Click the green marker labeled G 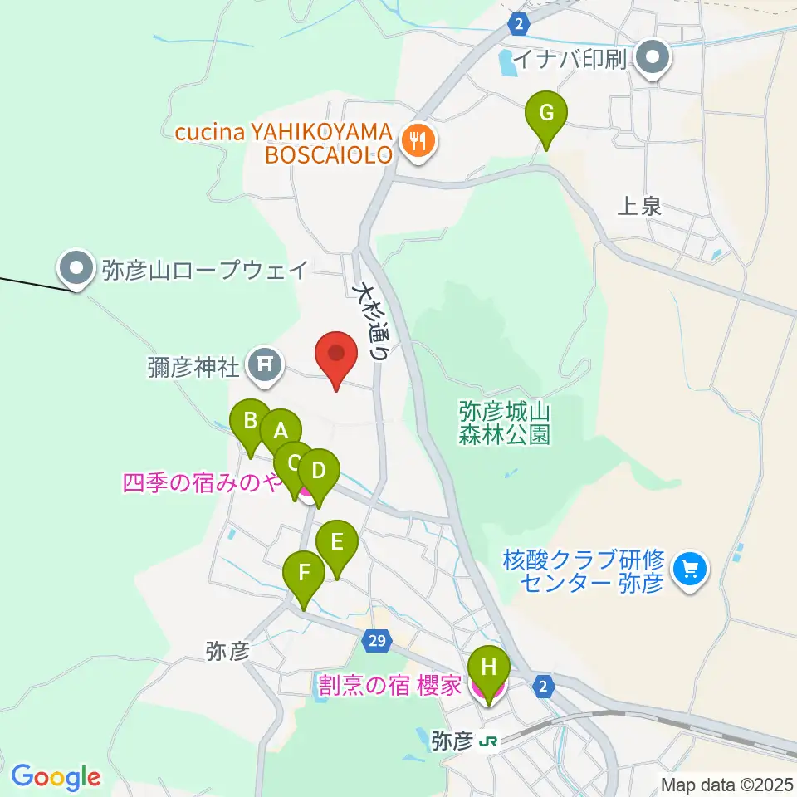pos(546,114)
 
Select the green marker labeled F pos(304,574)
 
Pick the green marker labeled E pos(337,544)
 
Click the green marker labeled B pos(249,422)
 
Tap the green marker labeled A pos(281,432)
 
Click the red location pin pos(336,355)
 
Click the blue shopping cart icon pos(689,570)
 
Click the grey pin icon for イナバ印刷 pos(653,58)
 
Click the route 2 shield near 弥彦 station pos(542,687)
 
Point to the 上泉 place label pos(639,207)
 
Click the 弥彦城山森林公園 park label pos(505,423)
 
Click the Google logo pos(56,777)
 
